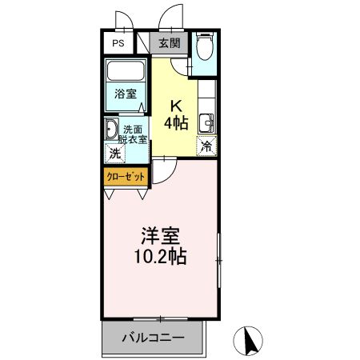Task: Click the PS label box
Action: (118, 44)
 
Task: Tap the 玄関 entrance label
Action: (168, 43)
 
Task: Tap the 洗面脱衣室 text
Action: (133, 134)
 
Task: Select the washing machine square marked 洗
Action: (114, 153)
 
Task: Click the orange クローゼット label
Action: (122, 175)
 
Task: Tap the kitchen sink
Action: (206, 123)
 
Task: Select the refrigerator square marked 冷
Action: (207, 146)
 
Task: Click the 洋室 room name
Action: (160, 237)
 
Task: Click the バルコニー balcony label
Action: (153, 337)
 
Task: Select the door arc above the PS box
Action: (122, 22)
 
